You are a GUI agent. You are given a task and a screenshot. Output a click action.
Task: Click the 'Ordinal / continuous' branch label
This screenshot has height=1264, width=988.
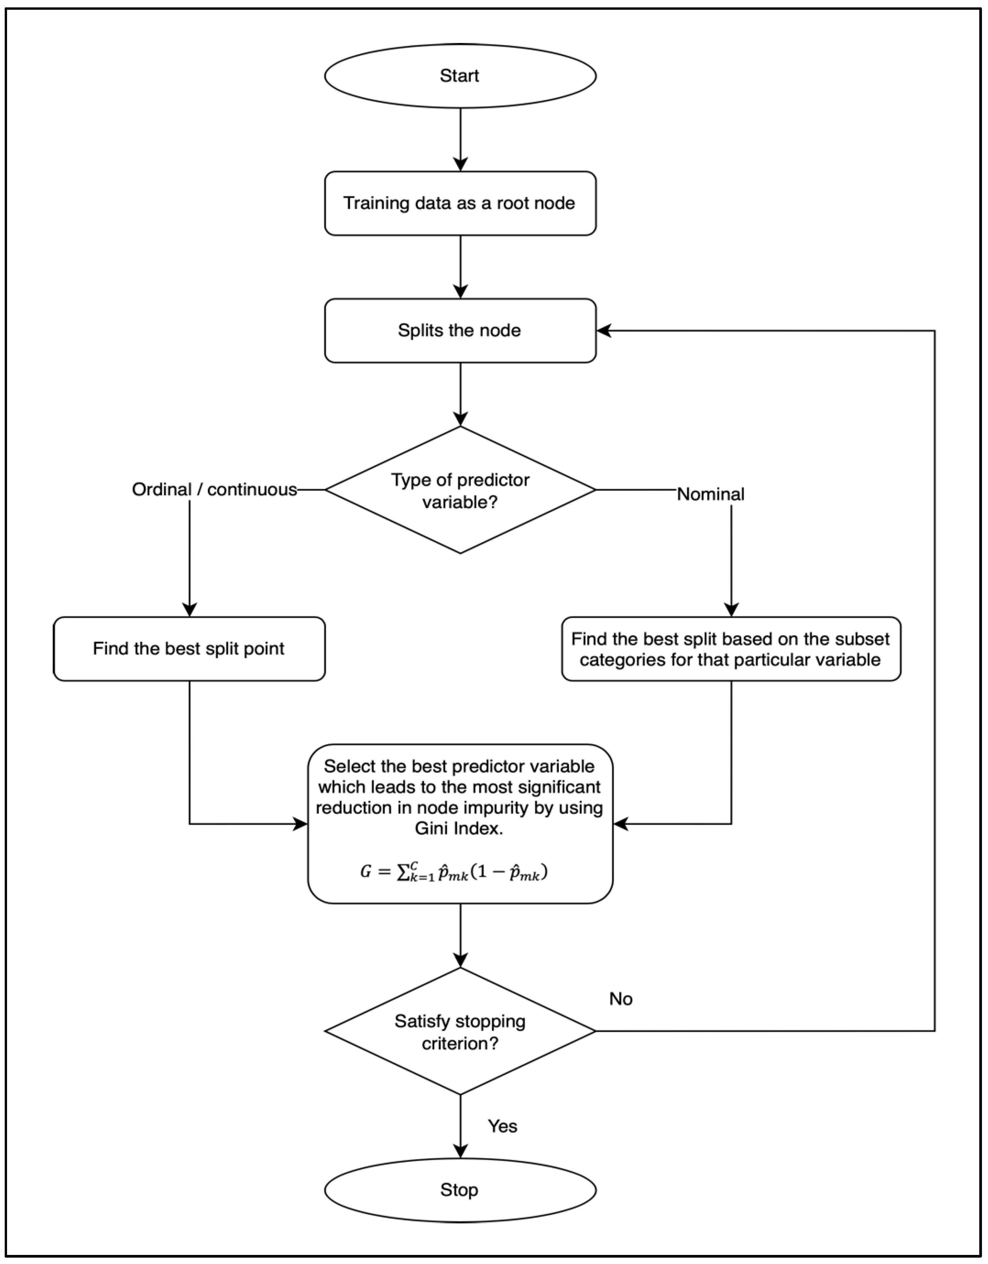coord(214,490)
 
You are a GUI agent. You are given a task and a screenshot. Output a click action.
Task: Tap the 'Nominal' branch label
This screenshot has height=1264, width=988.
coord(710,494)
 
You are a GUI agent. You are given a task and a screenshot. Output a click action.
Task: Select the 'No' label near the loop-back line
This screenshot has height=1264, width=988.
coord(621,999)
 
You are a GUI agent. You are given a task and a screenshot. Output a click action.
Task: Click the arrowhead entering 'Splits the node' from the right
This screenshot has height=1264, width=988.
coord(604,330)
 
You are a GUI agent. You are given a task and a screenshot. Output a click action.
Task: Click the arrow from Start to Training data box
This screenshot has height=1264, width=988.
coord(460,139)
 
